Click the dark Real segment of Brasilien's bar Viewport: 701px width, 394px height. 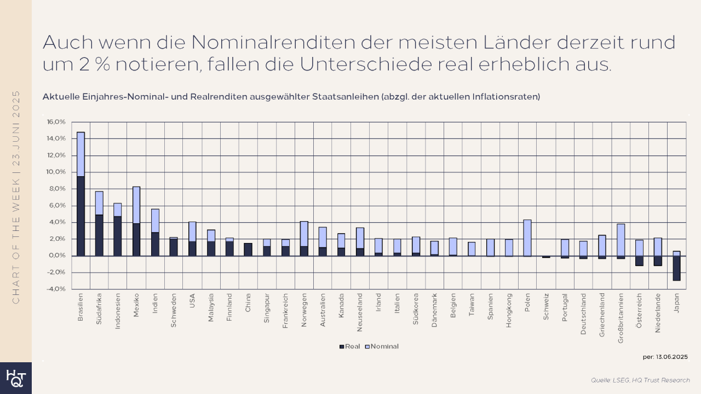(81, 216)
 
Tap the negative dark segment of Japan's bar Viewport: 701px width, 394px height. (676, 268)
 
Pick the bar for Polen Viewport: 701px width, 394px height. (527, 238)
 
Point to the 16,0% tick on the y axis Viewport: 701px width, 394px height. (57, 122)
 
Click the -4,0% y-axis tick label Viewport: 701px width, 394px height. (57, 289)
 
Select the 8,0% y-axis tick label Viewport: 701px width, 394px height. (57, 189)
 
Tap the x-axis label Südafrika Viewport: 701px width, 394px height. (99, 310)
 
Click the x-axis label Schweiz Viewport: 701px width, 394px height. (546, 306)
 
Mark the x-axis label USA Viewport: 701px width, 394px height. (192, 302)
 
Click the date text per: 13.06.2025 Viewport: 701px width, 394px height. (665, 357)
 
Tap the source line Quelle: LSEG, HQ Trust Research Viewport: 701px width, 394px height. (640, 380)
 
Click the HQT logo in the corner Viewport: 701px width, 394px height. (15, 378)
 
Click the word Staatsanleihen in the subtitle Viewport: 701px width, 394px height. (342, 97)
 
